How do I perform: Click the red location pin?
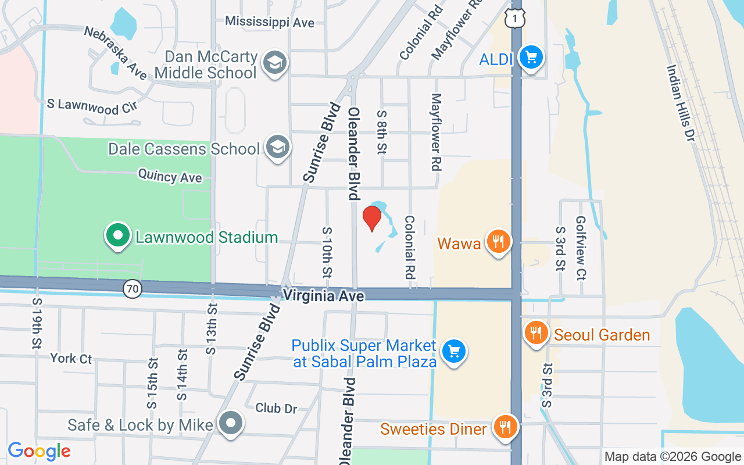tap(372, 219)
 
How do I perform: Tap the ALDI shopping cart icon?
tap(531, 58)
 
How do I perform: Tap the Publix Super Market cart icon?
tap(454, 352)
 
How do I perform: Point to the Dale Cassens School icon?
tap(277, 148)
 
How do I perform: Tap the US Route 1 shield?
tap(515, 19)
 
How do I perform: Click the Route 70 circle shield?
tap(133, 288)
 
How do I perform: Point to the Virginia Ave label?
tap(323, 296)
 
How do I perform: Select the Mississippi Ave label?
tap(270, 22)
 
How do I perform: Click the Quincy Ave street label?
tap(170, 176)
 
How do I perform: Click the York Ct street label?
tap(71, 358)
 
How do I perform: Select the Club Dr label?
tap(276, 408)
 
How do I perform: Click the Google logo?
tap(40, 451)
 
